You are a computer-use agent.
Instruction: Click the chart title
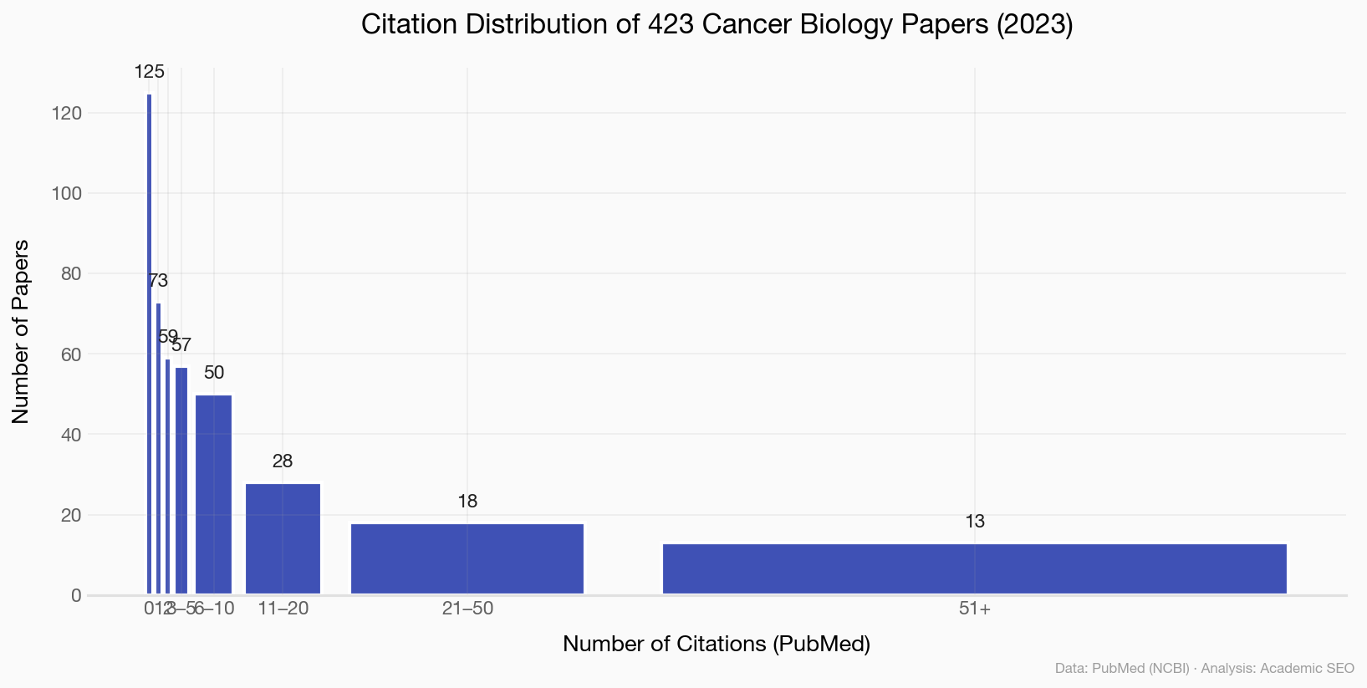[x=717, y=25]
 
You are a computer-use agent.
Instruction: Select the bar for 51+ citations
[x=974, y=569]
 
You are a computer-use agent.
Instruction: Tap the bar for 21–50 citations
[x=467, y=559]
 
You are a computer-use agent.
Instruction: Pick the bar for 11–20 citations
[x=283, y=539]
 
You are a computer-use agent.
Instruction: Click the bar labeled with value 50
[x=213, y=495]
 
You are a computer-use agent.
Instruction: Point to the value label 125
[x=150, y=72]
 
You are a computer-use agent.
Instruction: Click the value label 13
[x=975, y=522]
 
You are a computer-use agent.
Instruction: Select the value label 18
[x=467, y=502]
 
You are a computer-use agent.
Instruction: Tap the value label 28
[x=283, y=461]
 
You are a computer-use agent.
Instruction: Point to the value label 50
[x=214, y=373]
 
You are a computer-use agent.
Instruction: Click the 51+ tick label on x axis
[x=975, y=609]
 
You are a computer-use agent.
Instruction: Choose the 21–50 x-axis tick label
[x=467, y=609]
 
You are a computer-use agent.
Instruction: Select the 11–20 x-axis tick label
[x=283, y=609]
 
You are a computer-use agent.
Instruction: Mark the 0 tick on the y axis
[x=76, y=595]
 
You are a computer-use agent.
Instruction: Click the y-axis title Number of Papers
[x=21, y=331]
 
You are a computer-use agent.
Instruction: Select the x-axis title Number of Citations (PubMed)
[x=717, y=645]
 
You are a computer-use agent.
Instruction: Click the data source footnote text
[x=1204, y=669]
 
